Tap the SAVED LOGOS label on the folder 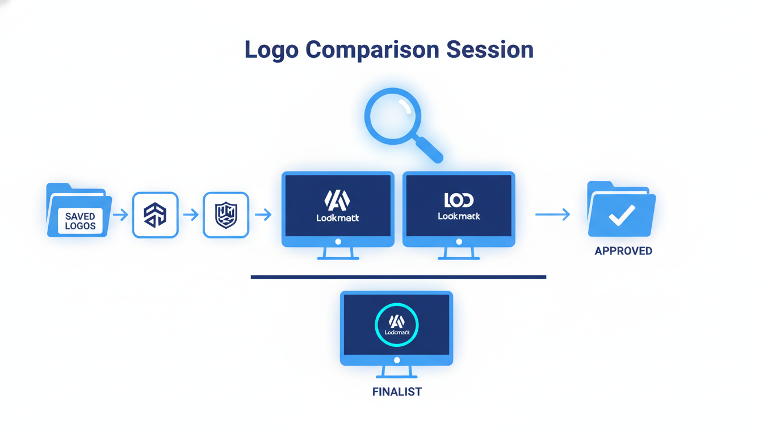point(80,221)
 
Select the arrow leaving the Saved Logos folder point(120,215)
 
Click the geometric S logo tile point(155,215)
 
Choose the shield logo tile point(226,215)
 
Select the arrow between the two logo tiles point(191,215)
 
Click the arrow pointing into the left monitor point(263,215)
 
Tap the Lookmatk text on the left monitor point(338,217)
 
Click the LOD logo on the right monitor point(459,200)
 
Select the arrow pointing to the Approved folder point(552,214)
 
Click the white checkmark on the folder point(622,215)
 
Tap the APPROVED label point(623,251)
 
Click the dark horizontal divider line point(398,277)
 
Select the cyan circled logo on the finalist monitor point(396,325)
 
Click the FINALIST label point(397,392)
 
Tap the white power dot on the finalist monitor point(397,360)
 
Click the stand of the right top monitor point(459,254)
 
